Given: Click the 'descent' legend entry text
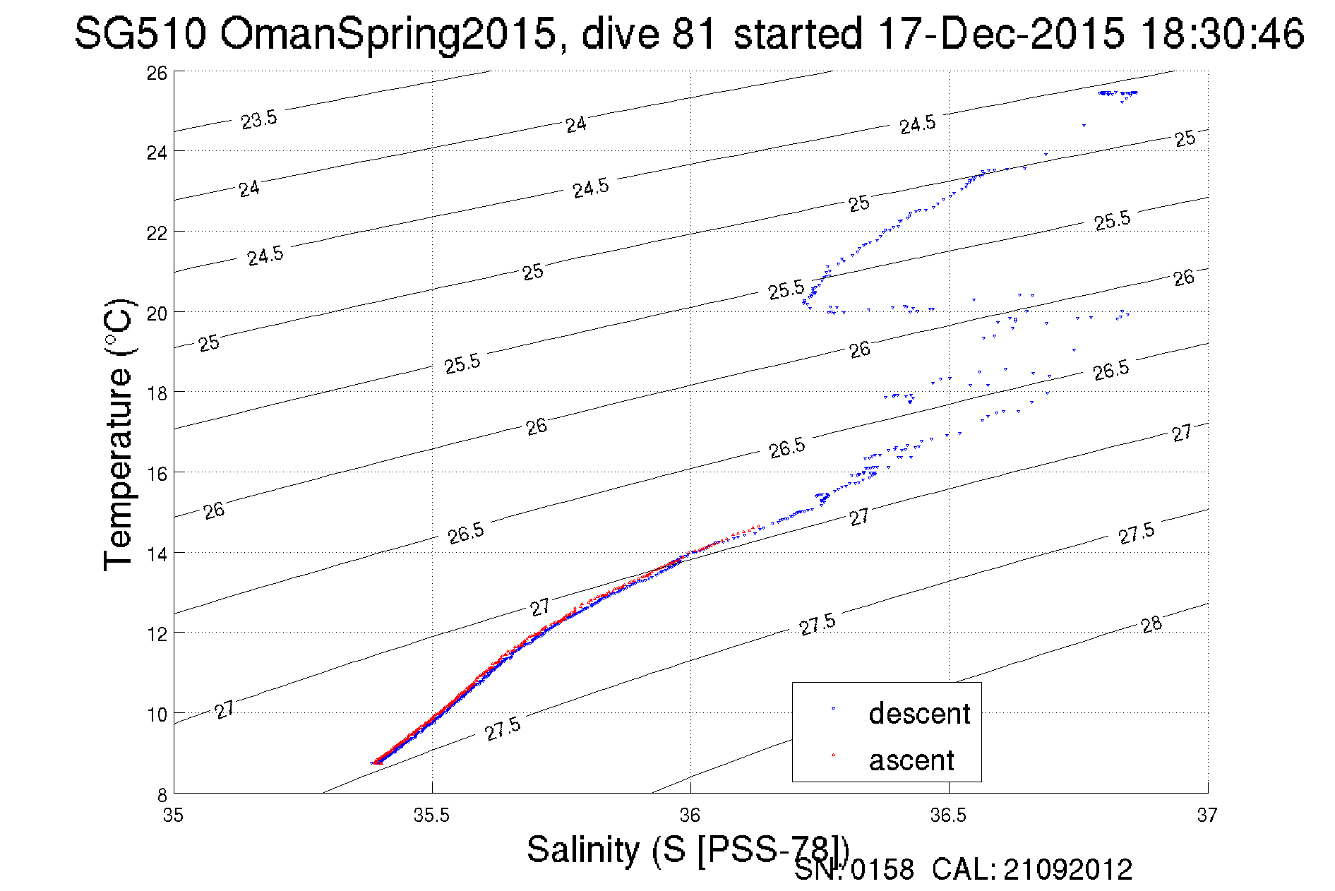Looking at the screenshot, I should point(919,714).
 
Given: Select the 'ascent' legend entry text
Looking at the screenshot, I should point(911,760).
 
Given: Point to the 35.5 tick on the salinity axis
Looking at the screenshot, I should point(431,815).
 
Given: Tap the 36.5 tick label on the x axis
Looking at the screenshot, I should point(948,815).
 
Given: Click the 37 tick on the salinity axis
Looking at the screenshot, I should point(1207,815).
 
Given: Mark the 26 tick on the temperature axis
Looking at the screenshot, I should point(157,73).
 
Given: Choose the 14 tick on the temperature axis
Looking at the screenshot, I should point(157,554).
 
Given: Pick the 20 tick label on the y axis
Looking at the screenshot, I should point(157,313).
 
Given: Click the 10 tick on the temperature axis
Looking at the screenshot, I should point(157,714).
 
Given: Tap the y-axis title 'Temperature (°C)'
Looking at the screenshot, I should point(119,434).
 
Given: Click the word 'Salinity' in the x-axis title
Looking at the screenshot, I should point(582,849).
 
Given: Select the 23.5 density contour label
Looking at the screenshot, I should point(259,120).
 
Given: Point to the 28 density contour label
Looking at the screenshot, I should point(1151,624).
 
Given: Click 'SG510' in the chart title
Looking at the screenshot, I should point(140,33).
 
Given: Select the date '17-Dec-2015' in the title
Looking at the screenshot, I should point(1001,33).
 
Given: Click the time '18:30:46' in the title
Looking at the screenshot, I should point(1222,33).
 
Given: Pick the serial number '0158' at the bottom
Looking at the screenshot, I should point(882,870).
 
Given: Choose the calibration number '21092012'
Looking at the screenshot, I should point(1067,870).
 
